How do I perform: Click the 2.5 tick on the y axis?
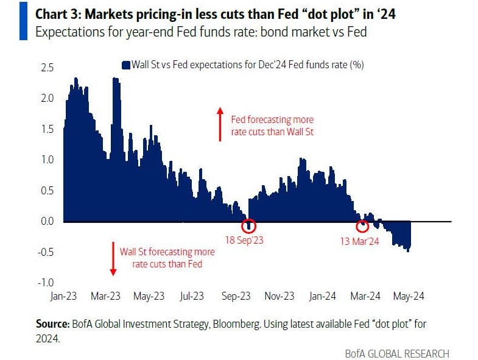(47, 67)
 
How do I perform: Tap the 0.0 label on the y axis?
(47, 221)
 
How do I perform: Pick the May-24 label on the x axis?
(409, 296)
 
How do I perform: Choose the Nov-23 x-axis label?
(279, 296)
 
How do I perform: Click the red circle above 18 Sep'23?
(248, 225)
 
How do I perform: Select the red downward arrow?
(112, 258)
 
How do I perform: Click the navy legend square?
(126, 65)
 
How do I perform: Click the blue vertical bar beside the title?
(23, 21)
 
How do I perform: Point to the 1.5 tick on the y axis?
(47, 129)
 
